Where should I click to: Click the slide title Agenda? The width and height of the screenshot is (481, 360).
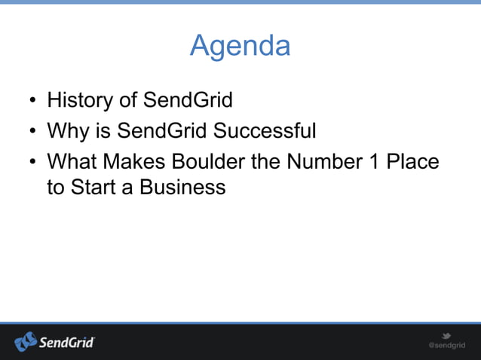coord(240,46)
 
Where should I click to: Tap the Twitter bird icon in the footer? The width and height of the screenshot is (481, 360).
coord(446,336)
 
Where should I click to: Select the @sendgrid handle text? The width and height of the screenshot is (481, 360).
coord(446,346)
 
